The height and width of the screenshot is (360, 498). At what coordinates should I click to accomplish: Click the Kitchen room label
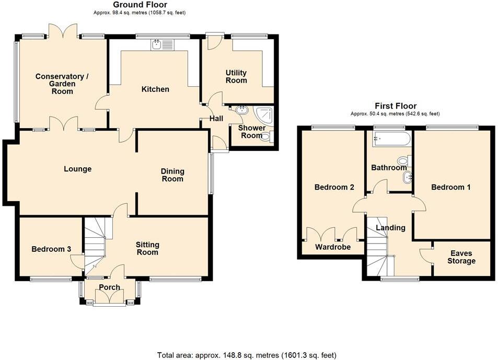pyautogui.click(x=155, y=89)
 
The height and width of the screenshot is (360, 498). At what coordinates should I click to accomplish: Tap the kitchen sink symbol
pyautogui.click(x=163, y=45)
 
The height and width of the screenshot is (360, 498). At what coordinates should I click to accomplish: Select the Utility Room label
pyautogui.click(x=236, y=77)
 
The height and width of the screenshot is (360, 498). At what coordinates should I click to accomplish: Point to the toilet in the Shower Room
pyautogui.click(x=266, y=137)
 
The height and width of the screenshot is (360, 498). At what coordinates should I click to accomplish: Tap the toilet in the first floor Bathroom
pyautogui.click(x=402, y=160)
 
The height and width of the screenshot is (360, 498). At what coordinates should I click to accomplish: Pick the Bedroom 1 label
pyautogui.click(x=450, y=187)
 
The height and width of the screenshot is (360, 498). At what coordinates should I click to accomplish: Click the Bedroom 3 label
pyautogui.click(x=51, y=249)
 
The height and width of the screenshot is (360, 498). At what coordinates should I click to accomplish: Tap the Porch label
pyautogui.click(x=109, y=287)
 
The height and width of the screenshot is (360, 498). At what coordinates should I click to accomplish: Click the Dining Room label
pyautogui.click(x=172, y=175)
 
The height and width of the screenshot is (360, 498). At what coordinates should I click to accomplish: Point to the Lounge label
pyautogui.click(x=77, y=169)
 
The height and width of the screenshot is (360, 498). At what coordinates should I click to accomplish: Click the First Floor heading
pyautogui.click(x=395, y=106)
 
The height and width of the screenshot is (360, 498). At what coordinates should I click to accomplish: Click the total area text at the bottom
pyautogui.click(x=247, y=355)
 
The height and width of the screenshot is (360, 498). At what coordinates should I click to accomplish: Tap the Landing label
pyautogui.click(x=390, y=228)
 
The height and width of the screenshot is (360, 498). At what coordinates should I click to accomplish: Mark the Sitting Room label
pyautogui.click(x=147, y=249)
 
